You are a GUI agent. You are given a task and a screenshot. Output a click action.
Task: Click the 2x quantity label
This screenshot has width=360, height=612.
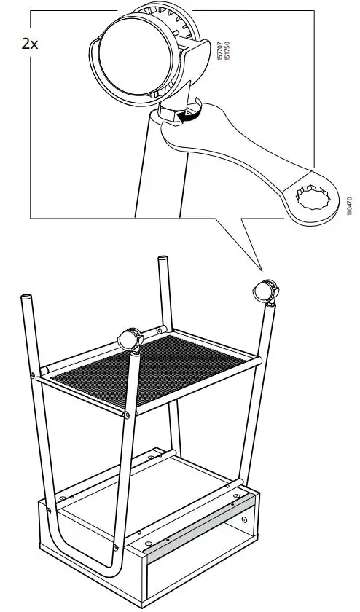point(30,43)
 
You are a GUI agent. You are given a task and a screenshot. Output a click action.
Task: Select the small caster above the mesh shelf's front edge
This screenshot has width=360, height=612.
point(130,340)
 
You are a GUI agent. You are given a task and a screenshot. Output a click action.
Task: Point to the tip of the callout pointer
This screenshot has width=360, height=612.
point(260,268)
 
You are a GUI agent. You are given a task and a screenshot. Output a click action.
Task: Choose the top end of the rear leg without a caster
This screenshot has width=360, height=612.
point(163,260)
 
